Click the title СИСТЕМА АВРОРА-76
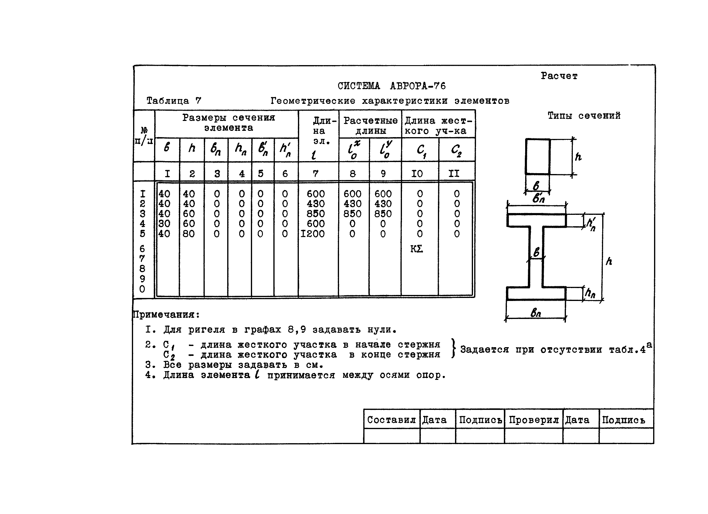[391, 86]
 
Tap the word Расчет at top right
[559, 76]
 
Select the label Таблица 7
[174, 101]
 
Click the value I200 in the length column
[312, 234]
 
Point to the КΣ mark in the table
[416, 249]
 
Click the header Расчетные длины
[370, 125]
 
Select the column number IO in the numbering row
[417, 174]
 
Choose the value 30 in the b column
[164, 224]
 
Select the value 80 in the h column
[189, 234]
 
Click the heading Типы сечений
[584, 116]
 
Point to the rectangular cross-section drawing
[537, 156]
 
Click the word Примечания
[166, 314]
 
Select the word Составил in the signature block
[391, 420]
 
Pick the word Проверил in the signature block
[534, 420]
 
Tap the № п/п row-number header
[144, 136]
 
